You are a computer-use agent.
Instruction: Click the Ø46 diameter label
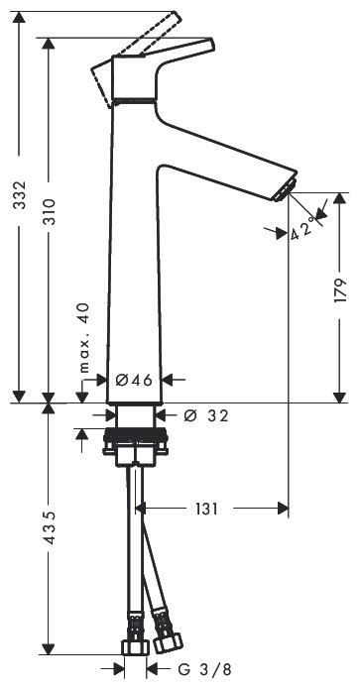pos(132,379)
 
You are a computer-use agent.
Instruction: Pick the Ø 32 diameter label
pos(207,415)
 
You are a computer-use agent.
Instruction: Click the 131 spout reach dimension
pos(205,509)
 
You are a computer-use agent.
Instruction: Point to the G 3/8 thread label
pos(208,672)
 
